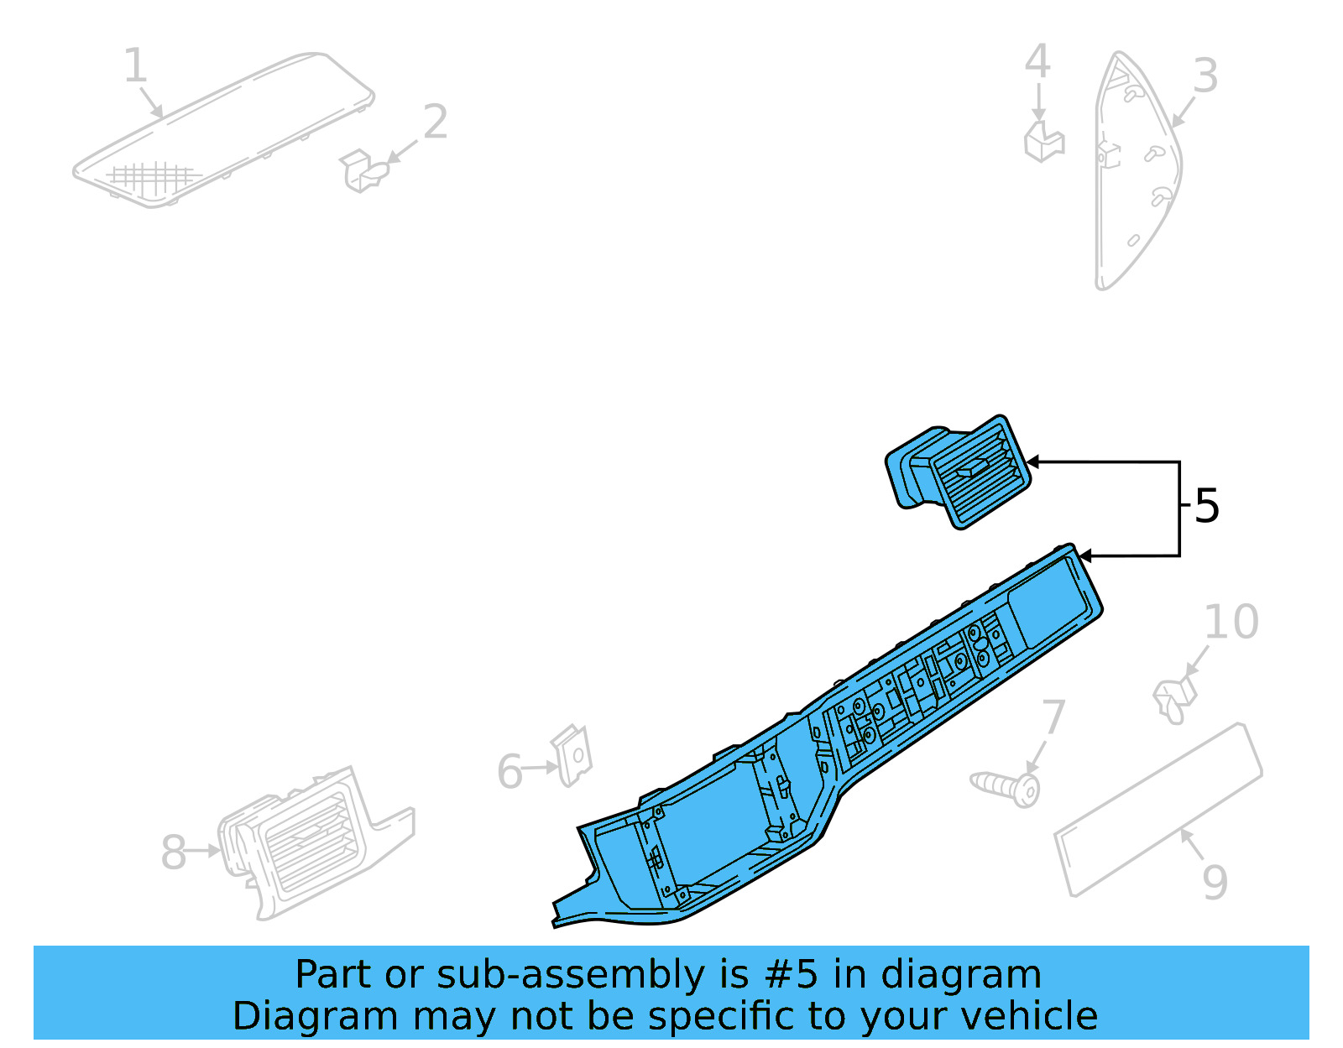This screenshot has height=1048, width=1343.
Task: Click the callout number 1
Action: pos(135,65)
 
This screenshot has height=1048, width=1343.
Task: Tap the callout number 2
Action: pos(435,123)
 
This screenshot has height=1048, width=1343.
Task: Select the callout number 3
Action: pos(1205,76)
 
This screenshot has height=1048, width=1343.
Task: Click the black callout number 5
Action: pos(1206,506)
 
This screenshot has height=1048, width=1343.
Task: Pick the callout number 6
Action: pos(510,772)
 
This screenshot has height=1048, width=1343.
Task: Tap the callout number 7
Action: pos(1053,719)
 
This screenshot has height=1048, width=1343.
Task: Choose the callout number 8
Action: pos(173,852)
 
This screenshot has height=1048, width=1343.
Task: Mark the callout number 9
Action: pos(1214,882)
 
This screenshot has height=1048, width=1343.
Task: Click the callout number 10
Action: pos(1231,623)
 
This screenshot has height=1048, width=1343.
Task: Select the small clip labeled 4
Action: pos(1043,142)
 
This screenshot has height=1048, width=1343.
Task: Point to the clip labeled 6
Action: pos(572,754)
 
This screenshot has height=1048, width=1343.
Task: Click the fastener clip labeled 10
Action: pos(1174,699)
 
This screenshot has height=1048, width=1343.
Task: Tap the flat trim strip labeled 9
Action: pos(1158,810)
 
